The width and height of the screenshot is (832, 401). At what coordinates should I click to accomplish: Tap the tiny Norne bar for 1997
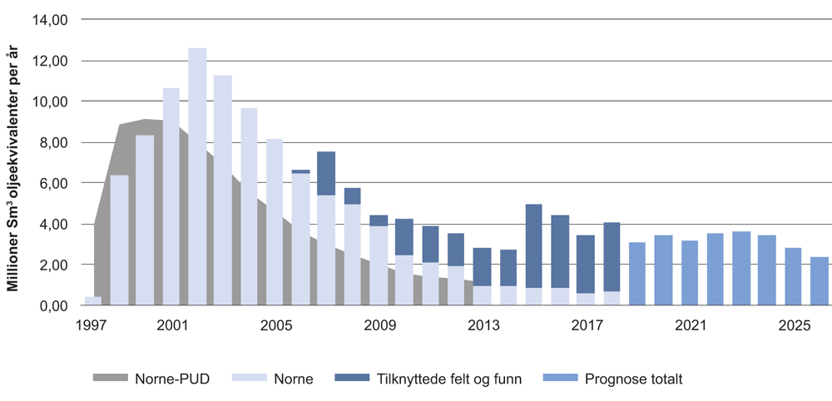tap(93, 301)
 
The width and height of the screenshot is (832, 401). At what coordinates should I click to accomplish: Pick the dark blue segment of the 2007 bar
tap(326, 173)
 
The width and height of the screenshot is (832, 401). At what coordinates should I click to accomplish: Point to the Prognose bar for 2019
tap(637, 274)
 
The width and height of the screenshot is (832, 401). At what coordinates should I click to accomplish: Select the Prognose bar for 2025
tap(793, 276)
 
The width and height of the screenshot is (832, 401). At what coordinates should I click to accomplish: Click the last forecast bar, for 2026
tap(820, 281)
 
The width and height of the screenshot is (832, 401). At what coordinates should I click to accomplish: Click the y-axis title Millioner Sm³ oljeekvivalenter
tap(12, 171)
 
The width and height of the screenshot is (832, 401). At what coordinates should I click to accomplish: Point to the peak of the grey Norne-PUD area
tap(146, 120)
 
